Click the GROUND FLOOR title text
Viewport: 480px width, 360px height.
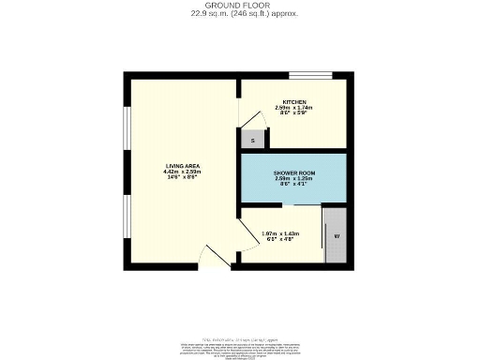[x=239, y=5]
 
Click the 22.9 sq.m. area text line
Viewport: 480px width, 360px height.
[x=239, y=13]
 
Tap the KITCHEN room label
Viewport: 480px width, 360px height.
[x=295, y=101]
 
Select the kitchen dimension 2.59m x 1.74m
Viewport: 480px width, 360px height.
[x=295, y=108]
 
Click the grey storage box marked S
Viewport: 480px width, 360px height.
[x=251, y=140]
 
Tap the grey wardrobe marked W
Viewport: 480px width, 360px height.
[x=336, y=235]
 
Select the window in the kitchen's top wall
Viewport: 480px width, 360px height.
[x=309, y=73]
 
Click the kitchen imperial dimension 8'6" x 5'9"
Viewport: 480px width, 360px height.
[x=295, y=114]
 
